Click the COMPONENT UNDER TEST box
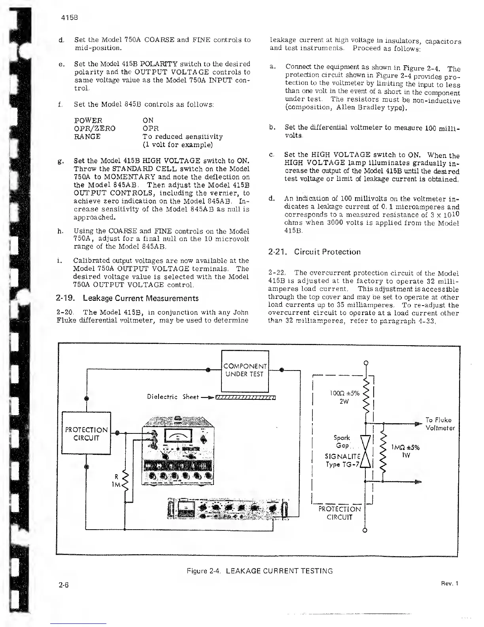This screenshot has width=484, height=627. (245, 370)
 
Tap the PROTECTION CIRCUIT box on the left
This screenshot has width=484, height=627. (86, 434)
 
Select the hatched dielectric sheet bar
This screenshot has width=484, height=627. (246, 397)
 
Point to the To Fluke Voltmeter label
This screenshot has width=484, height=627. (440, 424)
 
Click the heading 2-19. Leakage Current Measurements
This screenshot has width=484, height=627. (128, 298)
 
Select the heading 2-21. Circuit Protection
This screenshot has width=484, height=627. (314, 252)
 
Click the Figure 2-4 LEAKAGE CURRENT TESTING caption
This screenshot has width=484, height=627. (259, 571)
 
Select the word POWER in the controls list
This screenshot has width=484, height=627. (88, 120)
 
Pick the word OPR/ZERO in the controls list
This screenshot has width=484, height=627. (95, 128)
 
